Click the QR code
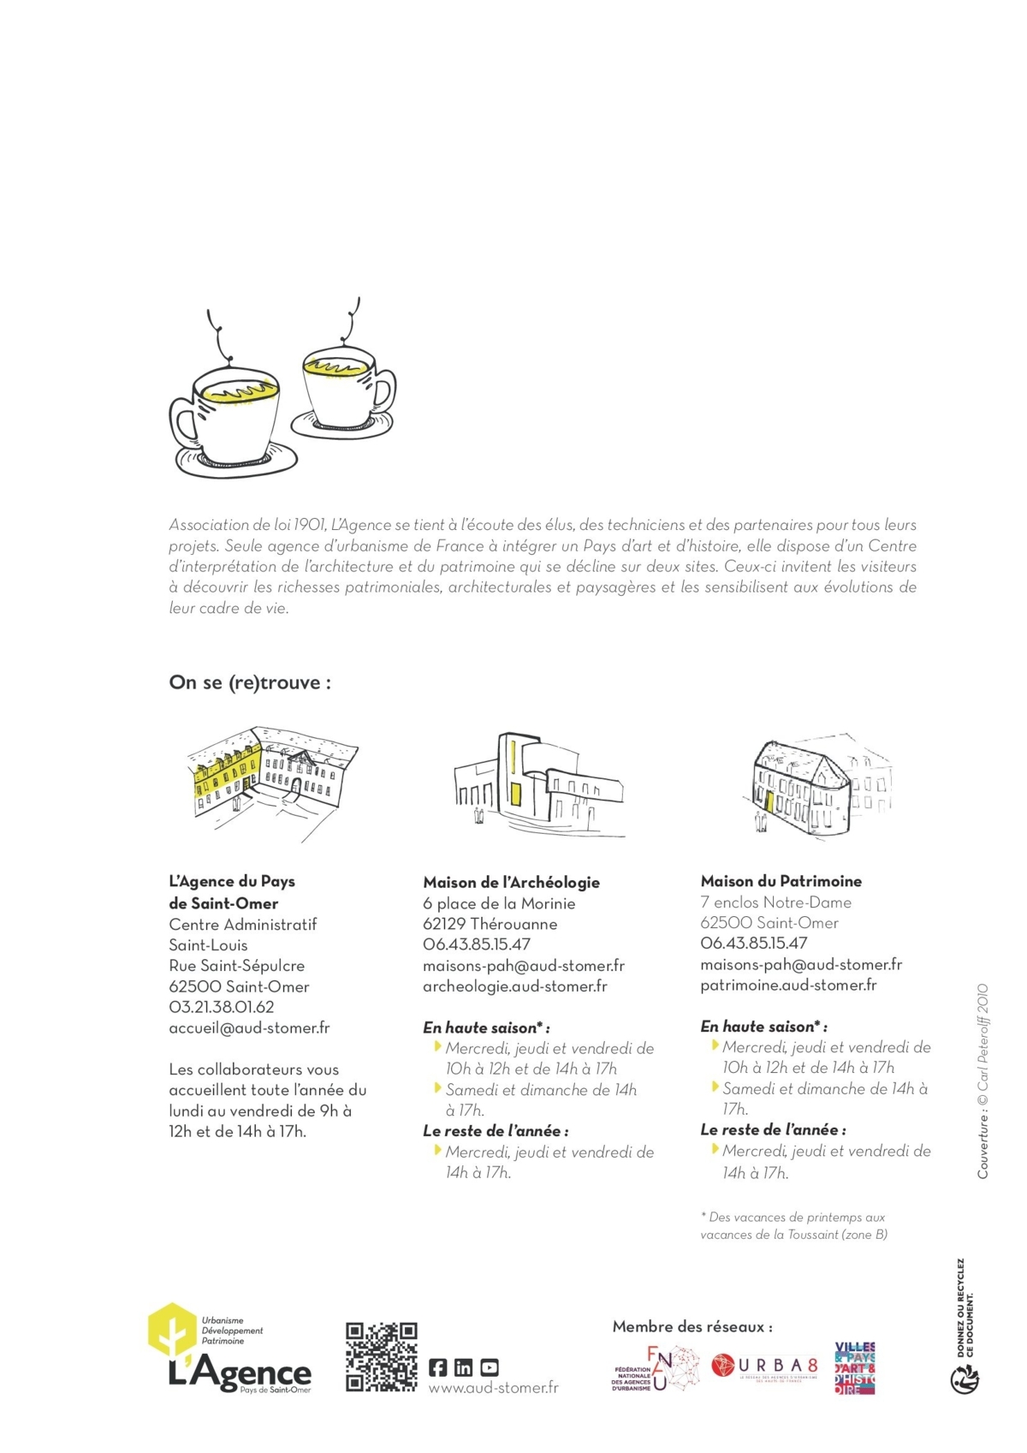point(381,1357)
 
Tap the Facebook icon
point(437,1367)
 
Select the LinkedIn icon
point(463,1367)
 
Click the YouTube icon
point(490,1367)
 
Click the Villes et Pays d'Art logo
point(854,1368)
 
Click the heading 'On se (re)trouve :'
point(250,683)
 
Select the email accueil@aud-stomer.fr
point(249,1028)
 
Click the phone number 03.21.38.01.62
point(222,1008)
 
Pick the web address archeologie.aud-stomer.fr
point(515,986)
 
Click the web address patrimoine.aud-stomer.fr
point(788,986)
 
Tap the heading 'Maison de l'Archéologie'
point(511,883)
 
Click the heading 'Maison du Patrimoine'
point(781,881)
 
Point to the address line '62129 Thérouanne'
point(490,925)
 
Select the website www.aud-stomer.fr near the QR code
point(493,1388)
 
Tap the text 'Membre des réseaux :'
point(692,1327)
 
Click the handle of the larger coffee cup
point(181,423)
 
